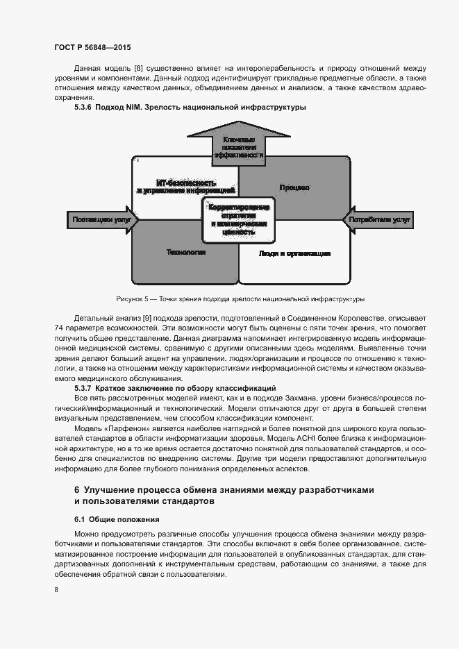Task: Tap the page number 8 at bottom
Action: tap(56, 590)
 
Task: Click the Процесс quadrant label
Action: tap(294, 188)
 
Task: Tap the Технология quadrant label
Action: tap(185, 253)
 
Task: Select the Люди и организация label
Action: tap(294, 253)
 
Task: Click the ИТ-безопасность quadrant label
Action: tap(185, 185)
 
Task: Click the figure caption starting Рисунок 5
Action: tap(240, 299)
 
